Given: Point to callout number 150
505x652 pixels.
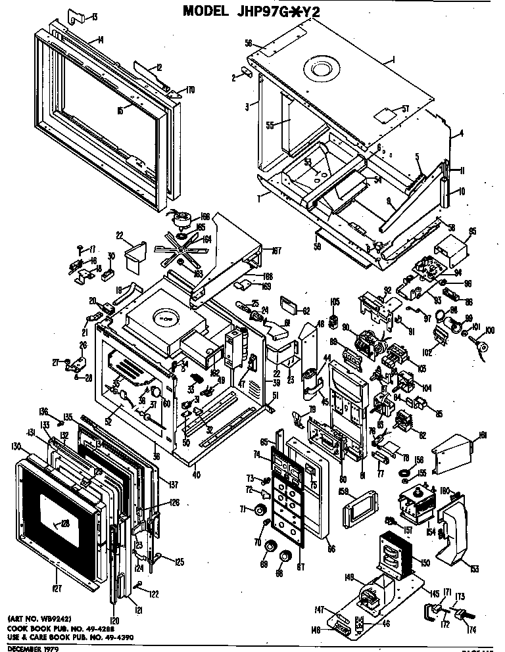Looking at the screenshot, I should (425, 563).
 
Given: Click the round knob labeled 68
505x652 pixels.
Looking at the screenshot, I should (285, 557).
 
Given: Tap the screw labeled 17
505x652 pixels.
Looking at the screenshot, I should (78, 249).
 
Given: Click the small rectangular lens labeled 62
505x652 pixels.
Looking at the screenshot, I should (290, 303).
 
